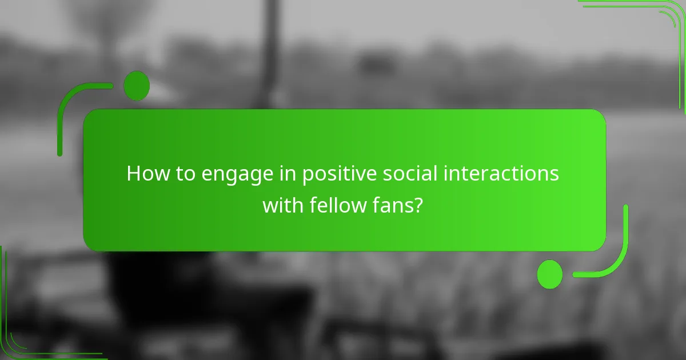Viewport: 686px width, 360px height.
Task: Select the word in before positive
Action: [x=288, y=173]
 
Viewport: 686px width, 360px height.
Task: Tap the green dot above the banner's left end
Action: [x=137, y=86]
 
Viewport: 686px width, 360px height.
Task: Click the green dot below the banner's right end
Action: [x=550, y=274]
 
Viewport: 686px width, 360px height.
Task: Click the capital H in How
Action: [x=133, y=173]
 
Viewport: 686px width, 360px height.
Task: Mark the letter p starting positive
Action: [x=308, y=175]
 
